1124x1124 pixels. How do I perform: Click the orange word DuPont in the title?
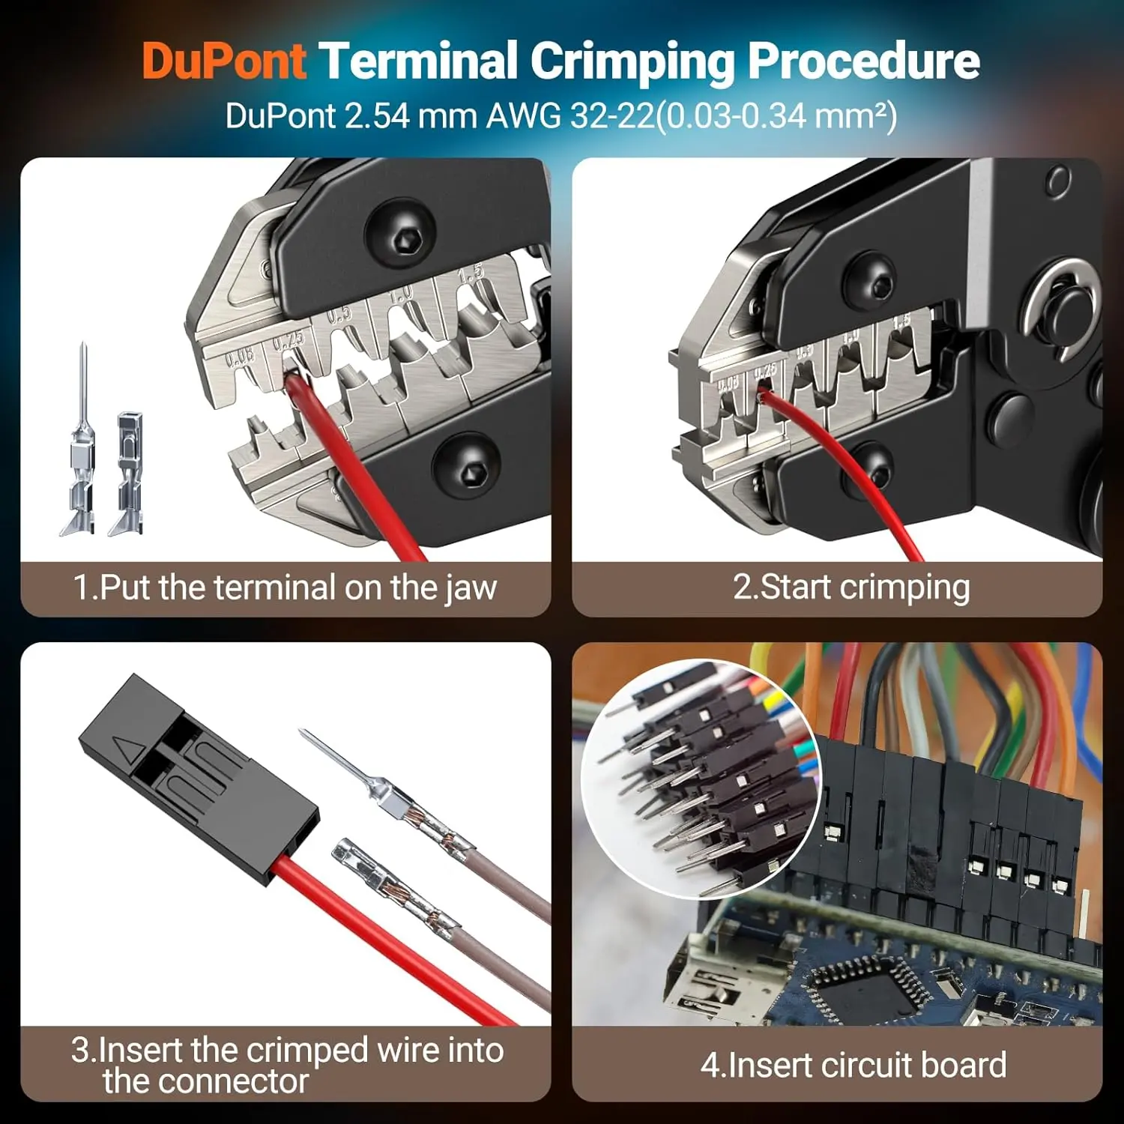point(224,61)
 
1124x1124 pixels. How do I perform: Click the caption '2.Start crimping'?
point(851,587)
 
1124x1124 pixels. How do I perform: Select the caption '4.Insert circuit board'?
point(853,1065)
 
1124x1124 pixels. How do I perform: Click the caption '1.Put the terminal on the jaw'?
point(285,587)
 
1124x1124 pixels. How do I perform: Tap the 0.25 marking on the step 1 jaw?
point(288,341)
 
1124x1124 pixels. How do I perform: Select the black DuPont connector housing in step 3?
point(199,779)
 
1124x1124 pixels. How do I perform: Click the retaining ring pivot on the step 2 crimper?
point(1062,309)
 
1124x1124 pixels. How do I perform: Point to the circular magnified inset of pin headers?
point(701,779)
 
